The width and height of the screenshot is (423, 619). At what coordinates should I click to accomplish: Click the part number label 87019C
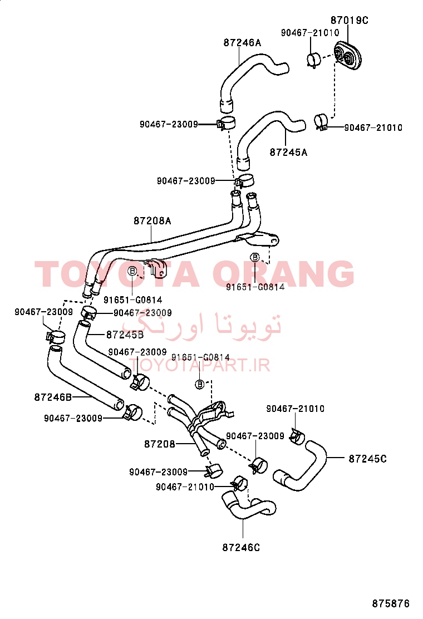coord(349,19)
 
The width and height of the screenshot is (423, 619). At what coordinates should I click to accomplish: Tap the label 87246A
coord(242,42)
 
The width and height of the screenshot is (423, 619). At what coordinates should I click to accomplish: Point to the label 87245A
coord(288,152)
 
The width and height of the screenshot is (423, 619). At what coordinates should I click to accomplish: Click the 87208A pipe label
coord(153,220)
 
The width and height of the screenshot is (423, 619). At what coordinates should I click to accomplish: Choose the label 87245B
coord(125,335)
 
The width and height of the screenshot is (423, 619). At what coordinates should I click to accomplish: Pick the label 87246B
coord(53,397)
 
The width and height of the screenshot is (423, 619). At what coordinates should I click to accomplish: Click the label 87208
coord(159,444)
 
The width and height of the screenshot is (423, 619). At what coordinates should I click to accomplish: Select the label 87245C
coord(368,459)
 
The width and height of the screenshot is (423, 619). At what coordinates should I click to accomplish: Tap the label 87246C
coord(241,548)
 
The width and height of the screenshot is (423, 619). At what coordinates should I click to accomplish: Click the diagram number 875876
coord(391,603)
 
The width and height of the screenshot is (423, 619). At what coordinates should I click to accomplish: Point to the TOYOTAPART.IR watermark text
coord(199,366)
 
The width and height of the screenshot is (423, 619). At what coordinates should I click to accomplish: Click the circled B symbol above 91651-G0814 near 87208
coord(200,384)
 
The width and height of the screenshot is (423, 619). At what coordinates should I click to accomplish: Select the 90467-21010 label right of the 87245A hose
coord(373,127)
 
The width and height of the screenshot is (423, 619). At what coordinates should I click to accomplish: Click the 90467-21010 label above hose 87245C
coord(295,409)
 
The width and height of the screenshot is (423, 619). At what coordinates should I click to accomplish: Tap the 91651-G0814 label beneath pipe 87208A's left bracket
coord(132,299)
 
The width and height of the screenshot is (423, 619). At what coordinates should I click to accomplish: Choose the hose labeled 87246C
coord(249,507)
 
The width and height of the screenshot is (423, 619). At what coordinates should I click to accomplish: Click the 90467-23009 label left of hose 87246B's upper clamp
coord(44,312)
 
